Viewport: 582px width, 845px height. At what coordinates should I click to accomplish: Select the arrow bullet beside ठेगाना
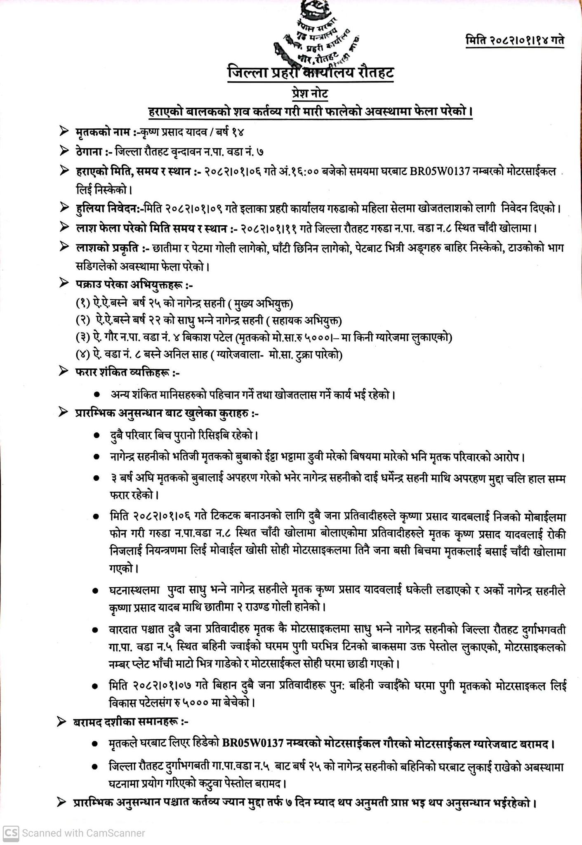(x=64, y=151)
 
